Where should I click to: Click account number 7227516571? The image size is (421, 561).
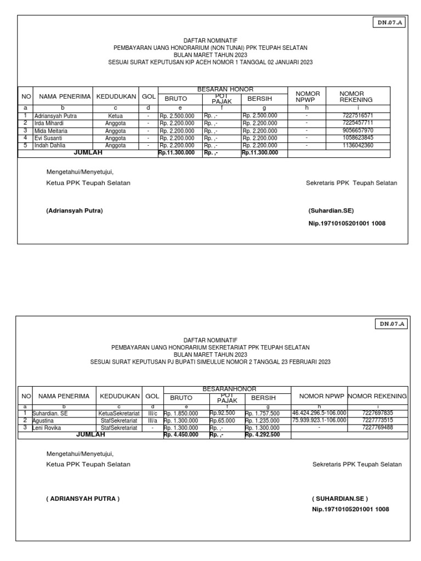[x=357, y=116]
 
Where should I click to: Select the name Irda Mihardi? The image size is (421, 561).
[x=49, y=124]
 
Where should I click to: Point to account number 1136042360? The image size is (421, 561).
[x=357, y=146]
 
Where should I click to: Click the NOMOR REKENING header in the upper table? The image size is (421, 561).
[x=356, y=97]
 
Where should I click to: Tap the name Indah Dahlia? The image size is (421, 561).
[x=49, y=146]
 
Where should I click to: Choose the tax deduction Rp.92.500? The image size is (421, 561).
[x=222, y=413]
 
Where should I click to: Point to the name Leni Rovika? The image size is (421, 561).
[x=47, y=427]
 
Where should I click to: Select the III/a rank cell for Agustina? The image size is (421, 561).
[x=152, y=420]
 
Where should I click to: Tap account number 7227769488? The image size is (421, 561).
[x=377, y=427]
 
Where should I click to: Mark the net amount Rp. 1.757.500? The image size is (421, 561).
[x=262, y=413]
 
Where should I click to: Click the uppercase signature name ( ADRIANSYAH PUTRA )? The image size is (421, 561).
[x=82, y=499]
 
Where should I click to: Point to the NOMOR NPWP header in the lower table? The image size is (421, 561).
[x=318, y=396]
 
